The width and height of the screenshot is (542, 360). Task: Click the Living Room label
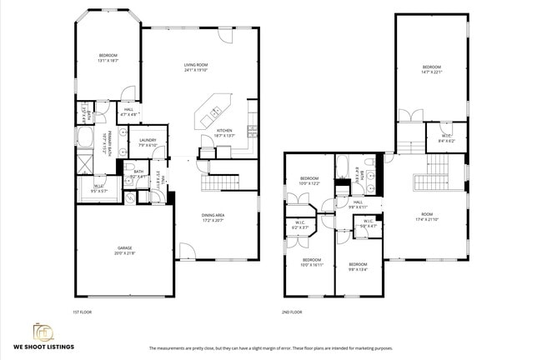coord(196,67)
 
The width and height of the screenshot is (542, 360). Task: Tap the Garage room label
coord(124,251)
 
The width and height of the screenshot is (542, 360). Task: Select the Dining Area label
coord(213,218)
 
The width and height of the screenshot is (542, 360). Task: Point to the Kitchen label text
coord(224,132)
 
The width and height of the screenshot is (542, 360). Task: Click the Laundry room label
coord(148,142)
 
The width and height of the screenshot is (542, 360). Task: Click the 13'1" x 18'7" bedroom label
coord(108,58)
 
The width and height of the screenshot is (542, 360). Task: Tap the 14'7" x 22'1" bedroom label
coord(430,69)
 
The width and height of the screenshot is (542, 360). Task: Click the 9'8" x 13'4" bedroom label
coord(359,267)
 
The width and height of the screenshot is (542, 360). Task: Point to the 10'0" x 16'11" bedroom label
coord(312,262)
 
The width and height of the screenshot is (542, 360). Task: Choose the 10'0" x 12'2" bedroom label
coord(309,181)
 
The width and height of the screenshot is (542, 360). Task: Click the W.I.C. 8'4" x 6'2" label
coord(447,138)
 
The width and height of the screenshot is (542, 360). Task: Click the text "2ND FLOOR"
coord(292,312)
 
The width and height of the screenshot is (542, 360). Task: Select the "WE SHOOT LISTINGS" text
coord(43,347)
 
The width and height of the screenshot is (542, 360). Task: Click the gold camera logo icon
coord(43,332)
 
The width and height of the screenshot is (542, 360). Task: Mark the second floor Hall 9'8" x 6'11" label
coord(358,204)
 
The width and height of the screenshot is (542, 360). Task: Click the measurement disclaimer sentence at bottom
coord(270,348)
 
